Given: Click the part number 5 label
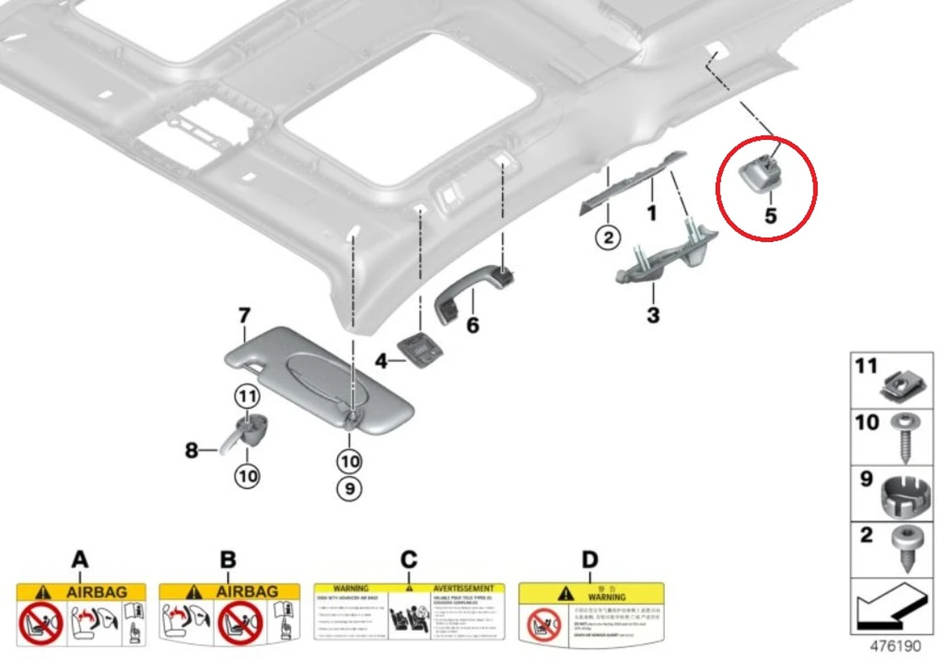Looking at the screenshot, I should click(770, 214).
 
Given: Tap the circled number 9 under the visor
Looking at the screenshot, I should click(350, 489).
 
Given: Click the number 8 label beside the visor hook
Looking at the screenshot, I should click(191, 450).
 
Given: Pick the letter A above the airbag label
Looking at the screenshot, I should click(79, 560).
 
